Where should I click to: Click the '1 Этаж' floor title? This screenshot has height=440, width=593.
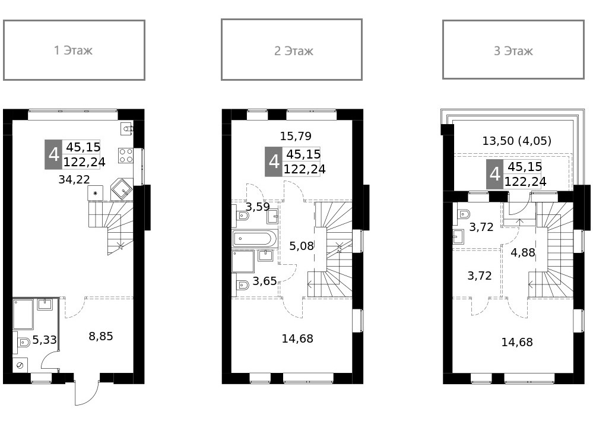pos(74,50)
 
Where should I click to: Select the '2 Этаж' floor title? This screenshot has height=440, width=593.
pos(293,51)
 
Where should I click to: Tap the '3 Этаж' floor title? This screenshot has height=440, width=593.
pos(513,51)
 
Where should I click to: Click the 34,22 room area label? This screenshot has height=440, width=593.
pos(74,179)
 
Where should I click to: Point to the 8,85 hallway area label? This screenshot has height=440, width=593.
pos(101,337)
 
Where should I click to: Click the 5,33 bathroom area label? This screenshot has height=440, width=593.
pos(45,340)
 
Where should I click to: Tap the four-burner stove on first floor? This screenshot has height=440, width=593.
pos(126,156)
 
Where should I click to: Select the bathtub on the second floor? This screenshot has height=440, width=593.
pos(254,239)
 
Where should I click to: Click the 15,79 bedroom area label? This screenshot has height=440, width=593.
pos(296,136)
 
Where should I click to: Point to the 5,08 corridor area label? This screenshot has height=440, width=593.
pos(301,245)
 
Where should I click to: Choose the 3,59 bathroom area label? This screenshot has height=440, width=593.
pos(258,207)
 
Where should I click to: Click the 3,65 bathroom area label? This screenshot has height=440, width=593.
pos(265,281)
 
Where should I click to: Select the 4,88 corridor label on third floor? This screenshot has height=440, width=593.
pos(523,252)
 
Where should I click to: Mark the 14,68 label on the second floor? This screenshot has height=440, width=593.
pos(297,339)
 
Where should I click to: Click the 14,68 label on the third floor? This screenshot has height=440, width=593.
pos(517,342)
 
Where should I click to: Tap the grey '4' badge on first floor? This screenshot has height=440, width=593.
pos(53,154)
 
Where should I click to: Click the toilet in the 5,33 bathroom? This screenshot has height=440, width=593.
pos(23,343)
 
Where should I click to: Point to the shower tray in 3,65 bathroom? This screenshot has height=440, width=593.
pos(243,261)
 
